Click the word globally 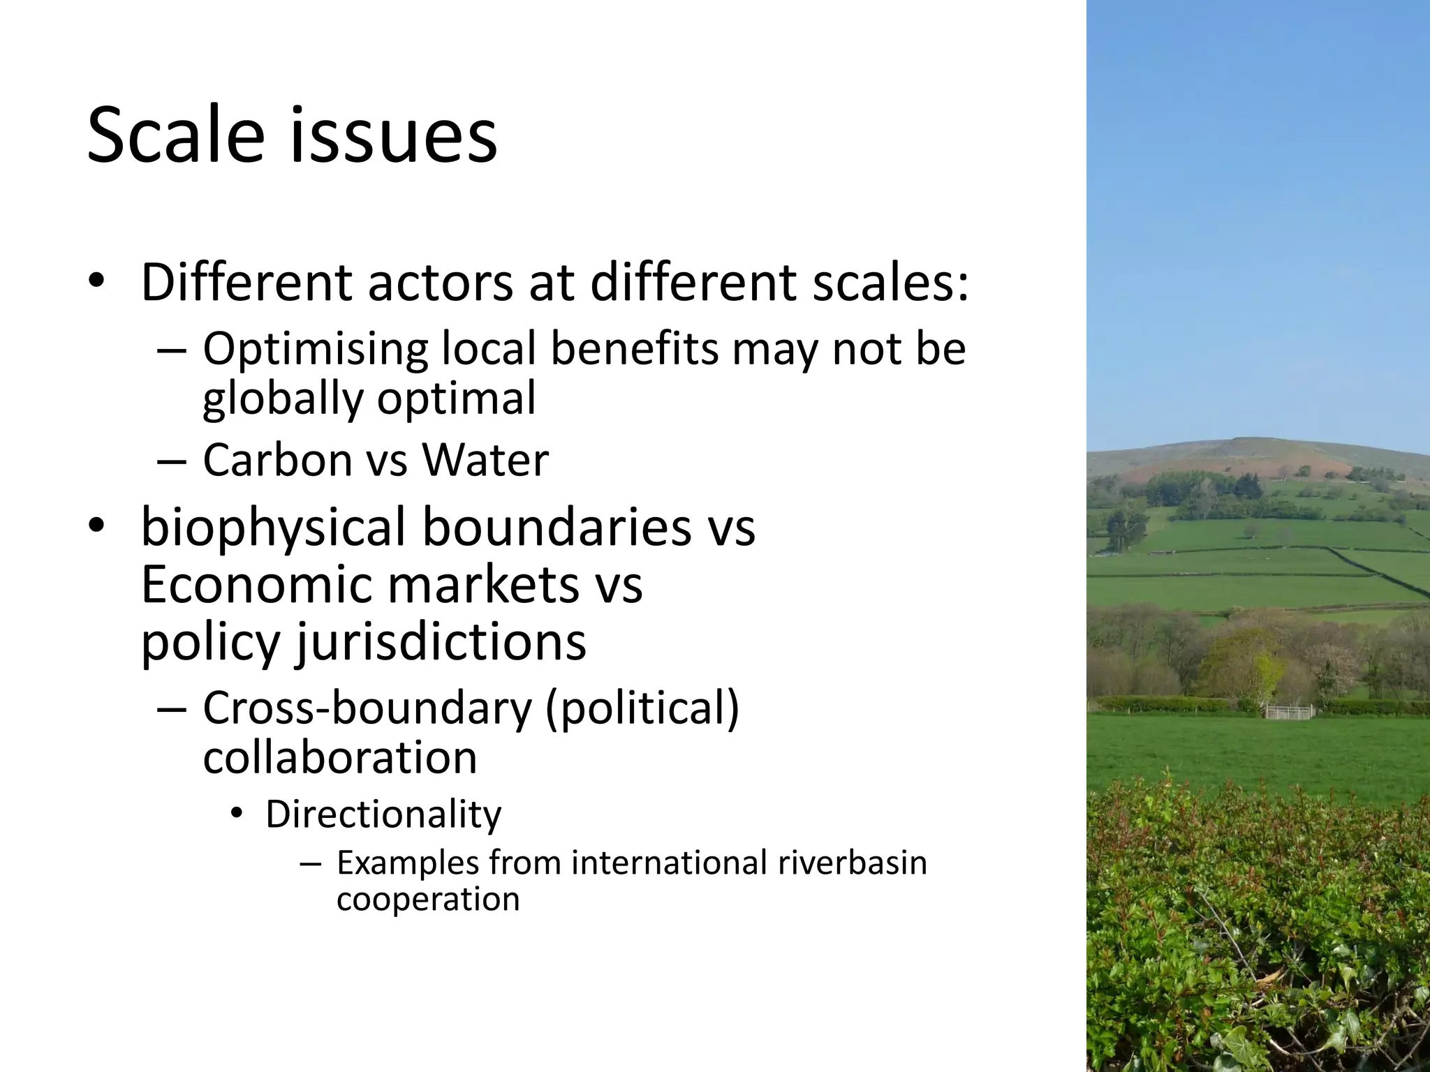283,399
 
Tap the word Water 485,460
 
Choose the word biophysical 273,528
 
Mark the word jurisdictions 441,641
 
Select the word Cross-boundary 367,708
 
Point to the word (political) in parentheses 642,708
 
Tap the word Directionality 383,814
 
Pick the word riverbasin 853,863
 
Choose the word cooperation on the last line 428,899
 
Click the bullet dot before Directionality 237,814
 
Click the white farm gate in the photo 1289,712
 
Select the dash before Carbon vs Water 172,461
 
